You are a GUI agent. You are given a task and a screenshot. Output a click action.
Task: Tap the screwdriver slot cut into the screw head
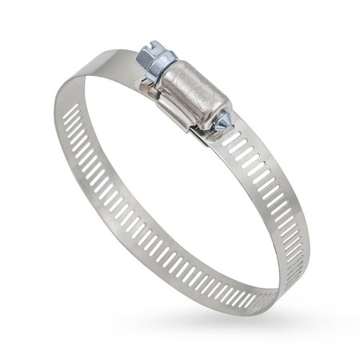(x=143, y=50)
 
